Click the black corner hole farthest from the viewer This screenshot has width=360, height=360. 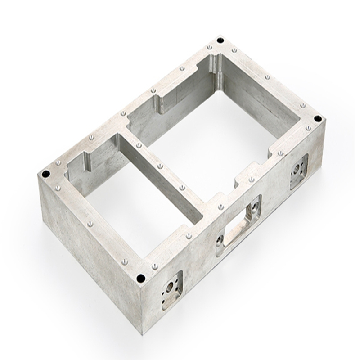220,40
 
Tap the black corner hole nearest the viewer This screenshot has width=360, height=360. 141,278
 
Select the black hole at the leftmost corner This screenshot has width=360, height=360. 45,174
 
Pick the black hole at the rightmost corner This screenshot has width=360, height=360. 318,119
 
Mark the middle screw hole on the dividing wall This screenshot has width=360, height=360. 160,166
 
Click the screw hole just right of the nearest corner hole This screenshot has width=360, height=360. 154,267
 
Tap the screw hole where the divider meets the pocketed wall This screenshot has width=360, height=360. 220,207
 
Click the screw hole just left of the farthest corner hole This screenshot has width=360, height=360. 209,48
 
